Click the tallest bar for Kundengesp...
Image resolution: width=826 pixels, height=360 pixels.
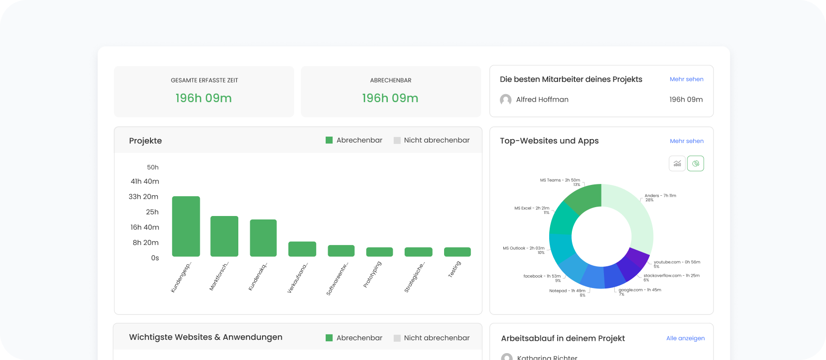186,226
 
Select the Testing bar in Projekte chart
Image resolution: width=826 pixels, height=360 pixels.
457,252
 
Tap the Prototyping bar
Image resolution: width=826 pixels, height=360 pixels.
379,252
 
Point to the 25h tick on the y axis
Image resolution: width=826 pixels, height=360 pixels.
152,212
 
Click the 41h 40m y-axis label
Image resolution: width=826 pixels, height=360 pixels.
145,181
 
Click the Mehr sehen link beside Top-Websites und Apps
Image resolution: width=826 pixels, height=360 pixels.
686,141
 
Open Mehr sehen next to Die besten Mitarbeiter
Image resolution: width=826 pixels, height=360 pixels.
686,79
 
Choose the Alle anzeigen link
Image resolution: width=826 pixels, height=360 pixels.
685,338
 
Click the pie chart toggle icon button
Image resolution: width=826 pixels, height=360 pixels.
695,164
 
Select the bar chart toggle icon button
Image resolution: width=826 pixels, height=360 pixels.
677,164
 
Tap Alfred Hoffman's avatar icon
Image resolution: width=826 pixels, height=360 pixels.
506,100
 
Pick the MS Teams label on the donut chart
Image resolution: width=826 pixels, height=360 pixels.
560,180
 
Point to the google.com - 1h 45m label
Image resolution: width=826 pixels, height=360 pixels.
639,290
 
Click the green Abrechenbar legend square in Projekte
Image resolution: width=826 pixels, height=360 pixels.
329,141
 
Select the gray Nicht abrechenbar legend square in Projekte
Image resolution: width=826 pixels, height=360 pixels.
397,141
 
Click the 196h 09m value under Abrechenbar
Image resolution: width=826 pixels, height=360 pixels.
390,98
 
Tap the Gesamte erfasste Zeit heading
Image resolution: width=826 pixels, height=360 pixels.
204,80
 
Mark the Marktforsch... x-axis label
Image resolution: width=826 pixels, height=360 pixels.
219,277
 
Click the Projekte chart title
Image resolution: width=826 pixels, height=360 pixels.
145,141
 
